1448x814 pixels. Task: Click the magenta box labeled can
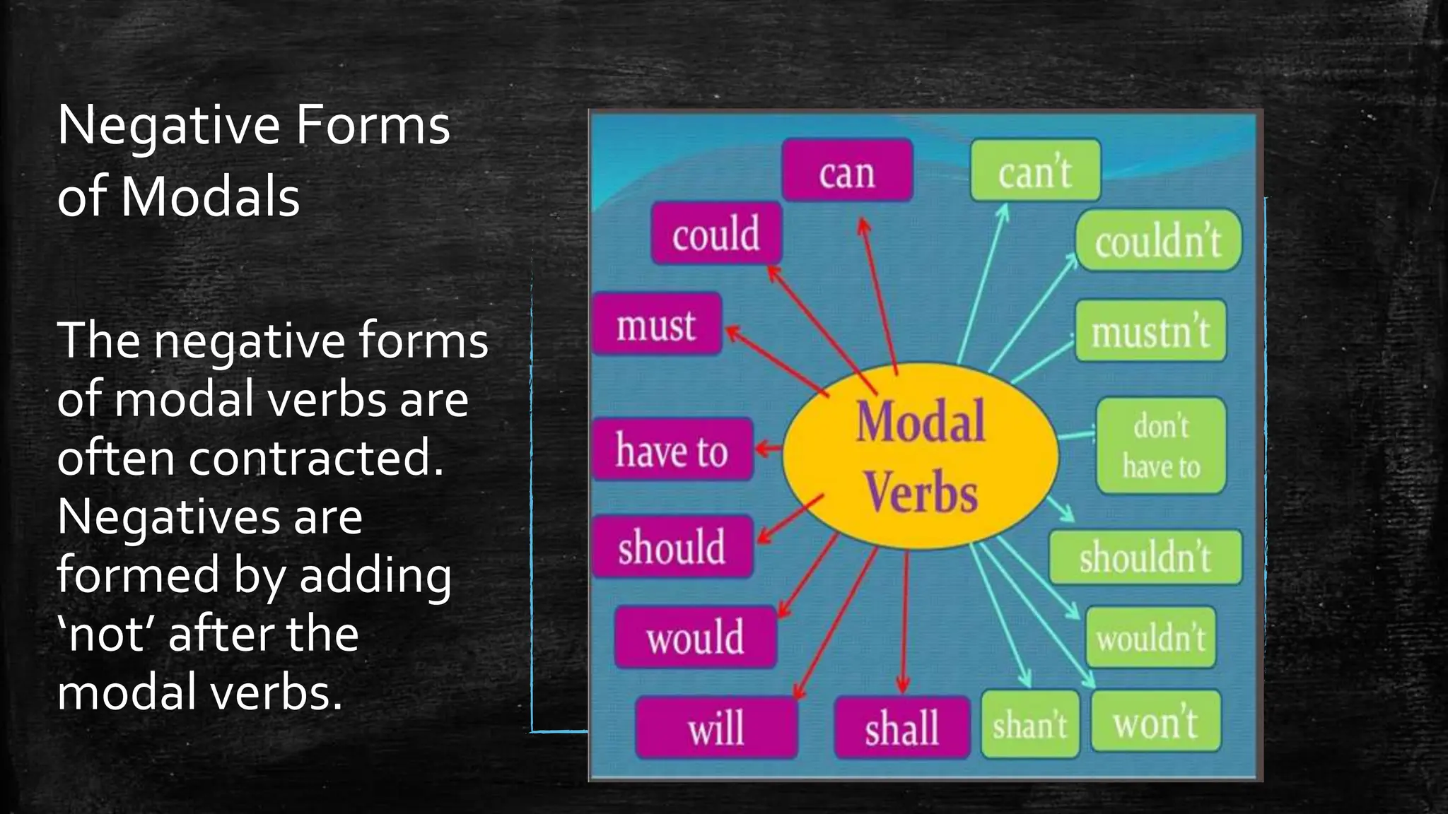tap(847, 171)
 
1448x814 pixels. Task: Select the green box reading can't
tap(1035, 171)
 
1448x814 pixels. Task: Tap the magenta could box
tap(716, 234)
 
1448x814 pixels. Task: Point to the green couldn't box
tap(1158, 241)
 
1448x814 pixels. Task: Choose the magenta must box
tap(657, 324)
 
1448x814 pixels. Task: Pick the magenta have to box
tap(672, 450)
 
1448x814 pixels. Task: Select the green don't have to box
tap(1161, 446)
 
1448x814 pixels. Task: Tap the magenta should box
tap(672, 547)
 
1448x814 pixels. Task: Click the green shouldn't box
tap(1145, 557)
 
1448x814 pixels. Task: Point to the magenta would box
tap(695, 637)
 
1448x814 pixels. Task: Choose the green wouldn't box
tap(1150, 637)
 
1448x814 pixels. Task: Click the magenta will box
tap(716, 727)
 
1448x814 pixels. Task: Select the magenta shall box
tap(901, 727)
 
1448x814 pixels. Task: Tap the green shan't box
tap(1030, 724)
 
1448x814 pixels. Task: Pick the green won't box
tap(1155, 721)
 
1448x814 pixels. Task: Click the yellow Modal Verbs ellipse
tap(921, 456)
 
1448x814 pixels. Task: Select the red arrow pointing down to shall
tap(904, 622)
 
